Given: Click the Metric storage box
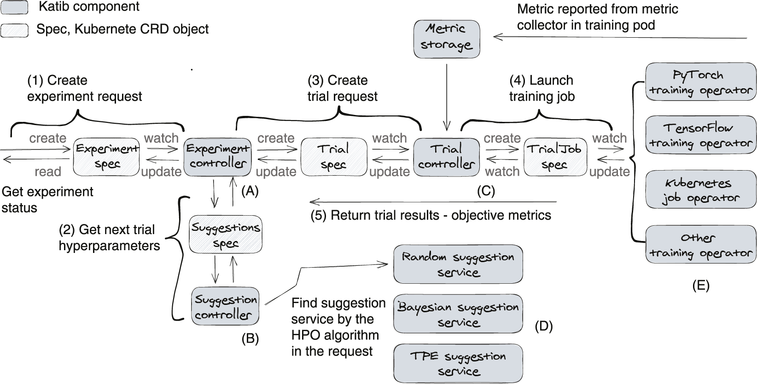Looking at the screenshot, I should [446, 39].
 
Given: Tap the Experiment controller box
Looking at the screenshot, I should [218, 156].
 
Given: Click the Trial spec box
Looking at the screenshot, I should [334, 156].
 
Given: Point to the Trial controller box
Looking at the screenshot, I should [446, 156].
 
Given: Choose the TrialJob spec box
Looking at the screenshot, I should [556, 156].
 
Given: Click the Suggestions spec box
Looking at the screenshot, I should [226, 235].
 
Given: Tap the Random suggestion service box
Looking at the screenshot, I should [458, 264].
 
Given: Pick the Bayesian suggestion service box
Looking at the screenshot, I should [458, 315].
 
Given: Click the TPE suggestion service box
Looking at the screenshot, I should [458, 364].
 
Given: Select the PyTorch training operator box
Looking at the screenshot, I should [700, 82].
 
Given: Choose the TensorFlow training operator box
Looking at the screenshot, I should [700, 135].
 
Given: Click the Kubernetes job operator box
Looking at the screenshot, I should [700, 189].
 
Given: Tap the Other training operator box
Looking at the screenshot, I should [700, 245].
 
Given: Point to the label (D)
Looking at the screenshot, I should [543, 327].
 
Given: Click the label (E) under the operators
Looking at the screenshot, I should [700, 286].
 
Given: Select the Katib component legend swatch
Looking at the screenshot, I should [14, 7].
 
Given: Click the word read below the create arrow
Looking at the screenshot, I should [48, 172].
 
